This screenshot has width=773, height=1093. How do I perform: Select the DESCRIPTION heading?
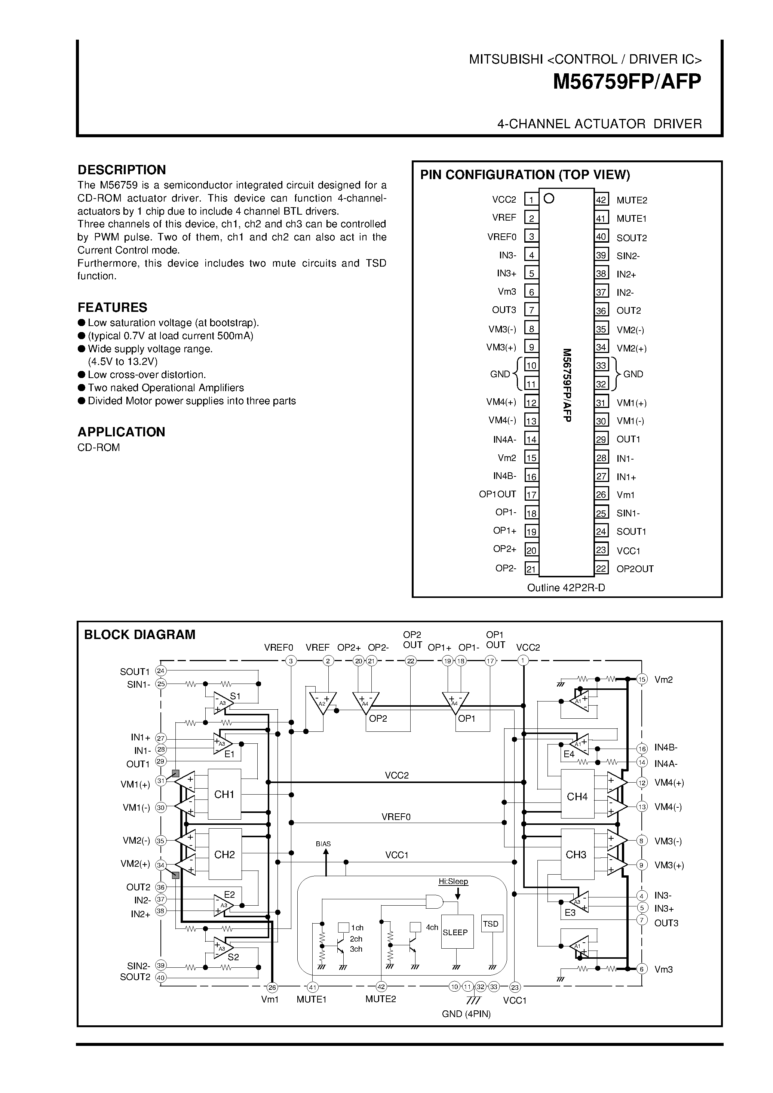(122, 170)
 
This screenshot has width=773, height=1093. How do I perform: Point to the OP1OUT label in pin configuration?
(497, 494)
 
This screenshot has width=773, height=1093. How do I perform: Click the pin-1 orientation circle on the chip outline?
(549, 199)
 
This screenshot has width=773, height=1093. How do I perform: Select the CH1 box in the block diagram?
(224, 794)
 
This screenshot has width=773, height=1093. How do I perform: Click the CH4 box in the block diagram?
(577, 796)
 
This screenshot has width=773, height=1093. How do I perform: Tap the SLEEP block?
(455, 932)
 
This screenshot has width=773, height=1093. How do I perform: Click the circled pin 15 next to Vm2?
(642, 679)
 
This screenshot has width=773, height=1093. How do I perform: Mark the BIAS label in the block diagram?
(323, 844)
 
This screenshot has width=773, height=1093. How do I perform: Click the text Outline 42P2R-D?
(566, 587)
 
